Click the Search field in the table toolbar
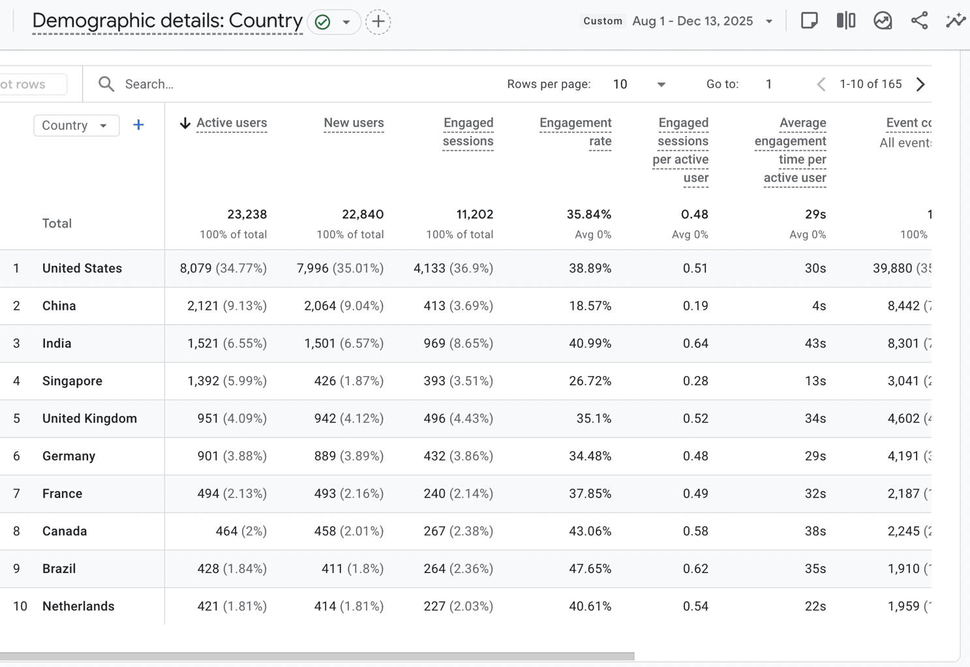[261, 84]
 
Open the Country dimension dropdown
[76, 125]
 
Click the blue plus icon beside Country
[138, 125]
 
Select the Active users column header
[231, 123]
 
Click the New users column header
[354, 123]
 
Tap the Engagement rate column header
[575, 132]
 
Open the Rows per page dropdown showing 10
[639, 84]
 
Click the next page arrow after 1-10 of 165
[920, 84]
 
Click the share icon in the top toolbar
[919, 21]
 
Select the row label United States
[82, 269]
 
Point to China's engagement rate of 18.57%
[590, 306]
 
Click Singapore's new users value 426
[325, 381]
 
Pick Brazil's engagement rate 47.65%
[590, 569]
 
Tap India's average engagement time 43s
[815, 344]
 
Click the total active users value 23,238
[247, 215]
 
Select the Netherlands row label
[78, 606]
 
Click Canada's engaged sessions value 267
[434, 531]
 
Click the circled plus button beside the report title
[378, 22]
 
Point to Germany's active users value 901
[208, 456]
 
